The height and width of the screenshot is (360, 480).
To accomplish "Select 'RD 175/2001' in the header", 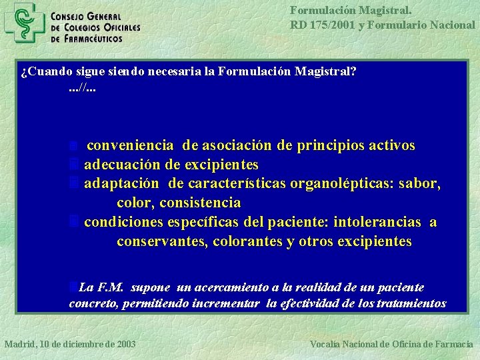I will coord(316,25).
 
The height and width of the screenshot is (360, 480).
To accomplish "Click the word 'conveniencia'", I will coord(131,145).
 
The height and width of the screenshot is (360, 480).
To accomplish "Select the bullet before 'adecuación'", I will coord(74,164).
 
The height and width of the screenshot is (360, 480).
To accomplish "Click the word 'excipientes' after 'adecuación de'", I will coord(223,164).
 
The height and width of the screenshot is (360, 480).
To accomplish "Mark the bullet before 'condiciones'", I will coord(74,222).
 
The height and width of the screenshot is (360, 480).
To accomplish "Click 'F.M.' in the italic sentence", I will coord(111,287).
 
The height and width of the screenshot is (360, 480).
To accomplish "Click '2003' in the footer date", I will coord(125,344).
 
